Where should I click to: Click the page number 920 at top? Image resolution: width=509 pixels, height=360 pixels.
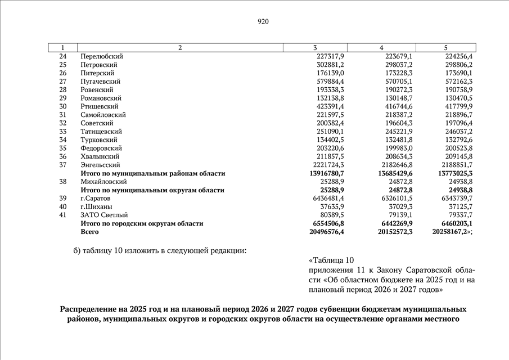(263, 22)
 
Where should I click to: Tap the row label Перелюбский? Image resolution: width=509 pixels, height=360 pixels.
(102, 56)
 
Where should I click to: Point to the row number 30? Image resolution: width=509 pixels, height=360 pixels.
(62, 106)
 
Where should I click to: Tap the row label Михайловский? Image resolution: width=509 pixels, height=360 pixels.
(104, 182)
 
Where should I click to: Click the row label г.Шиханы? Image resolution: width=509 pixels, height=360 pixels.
(97, 206)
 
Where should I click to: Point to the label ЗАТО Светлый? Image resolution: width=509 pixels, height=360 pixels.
(104, 215)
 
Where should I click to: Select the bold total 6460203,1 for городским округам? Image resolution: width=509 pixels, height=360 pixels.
(456, 223)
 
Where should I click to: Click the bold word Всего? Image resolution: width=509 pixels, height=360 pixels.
(90, 232)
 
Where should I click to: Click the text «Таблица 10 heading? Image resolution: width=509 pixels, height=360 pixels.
(331, 260)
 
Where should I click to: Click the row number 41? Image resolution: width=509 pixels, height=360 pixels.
(62, 215)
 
